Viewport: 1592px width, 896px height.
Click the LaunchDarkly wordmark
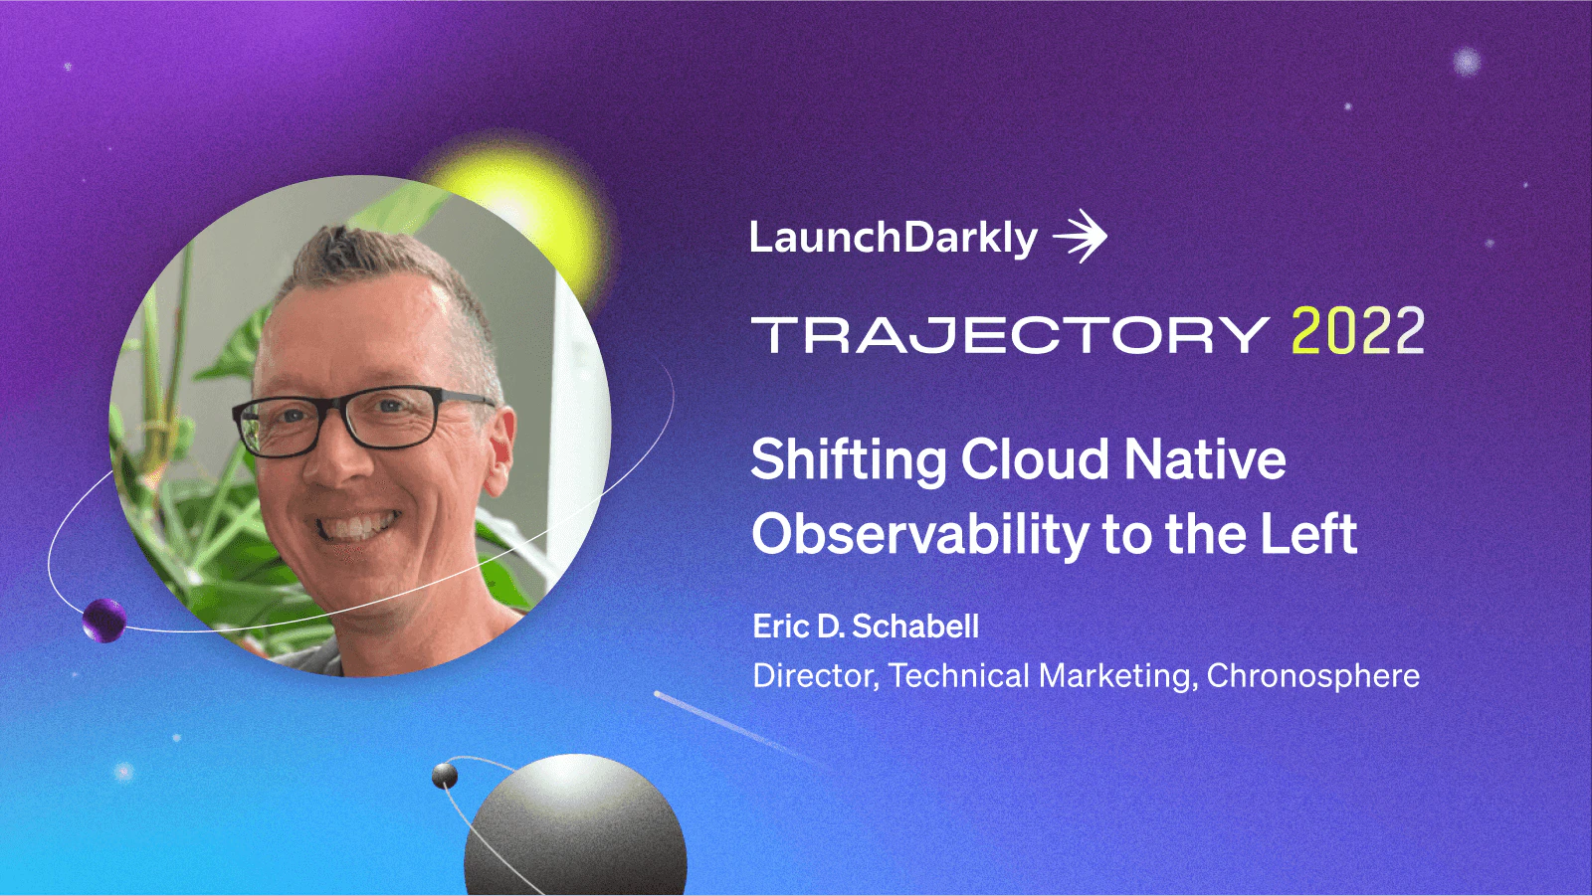[x=893, y=238]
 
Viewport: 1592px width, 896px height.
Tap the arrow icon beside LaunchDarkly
[x=1081, y=237]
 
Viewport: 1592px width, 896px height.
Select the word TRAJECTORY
[x=1010, y=335]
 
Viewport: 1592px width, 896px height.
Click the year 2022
[x=1358, y=332]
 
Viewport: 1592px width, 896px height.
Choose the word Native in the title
[x=1205, y=460]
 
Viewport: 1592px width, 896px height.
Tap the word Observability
[x=920, y=535]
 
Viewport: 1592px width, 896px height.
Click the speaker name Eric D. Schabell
[x=866, y=627]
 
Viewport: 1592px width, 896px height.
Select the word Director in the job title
[x=815, y=676]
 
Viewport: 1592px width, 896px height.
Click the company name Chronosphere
[x=1312, y=676]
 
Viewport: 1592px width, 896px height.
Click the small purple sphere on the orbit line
[x=103, y=621]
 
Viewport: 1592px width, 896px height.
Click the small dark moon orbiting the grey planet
[x=445, y=776]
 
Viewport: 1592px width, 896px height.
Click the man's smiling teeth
[x=359, y=525]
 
